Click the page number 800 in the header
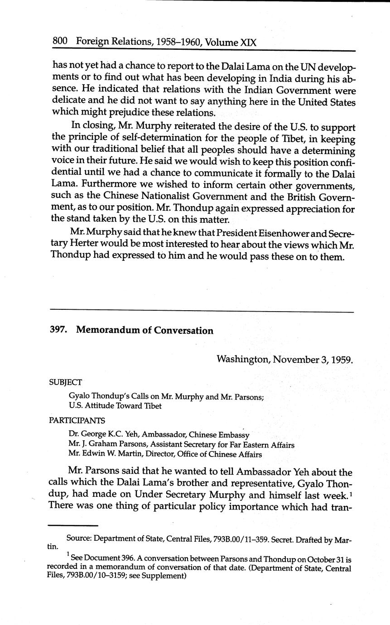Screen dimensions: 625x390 [x=60, y=41]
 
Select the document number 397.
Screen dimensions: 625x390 [x=58, y=330]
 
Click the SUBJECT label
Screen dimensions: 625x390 [x=66, y=382]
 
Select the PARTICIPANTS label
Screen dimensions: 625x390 [x=77, y=420]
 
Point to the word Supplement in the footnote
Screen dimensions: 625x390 [x=166, y=577]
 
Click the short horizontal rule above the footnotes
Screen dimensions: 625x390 [x=73, y=525]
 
